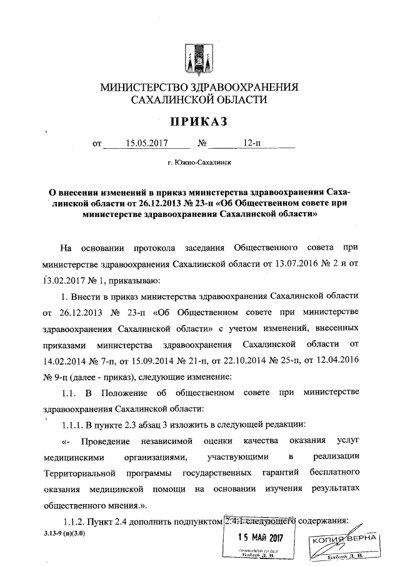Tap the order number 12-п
point(252,143)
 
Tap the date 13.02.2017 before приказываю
point(62,280)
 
